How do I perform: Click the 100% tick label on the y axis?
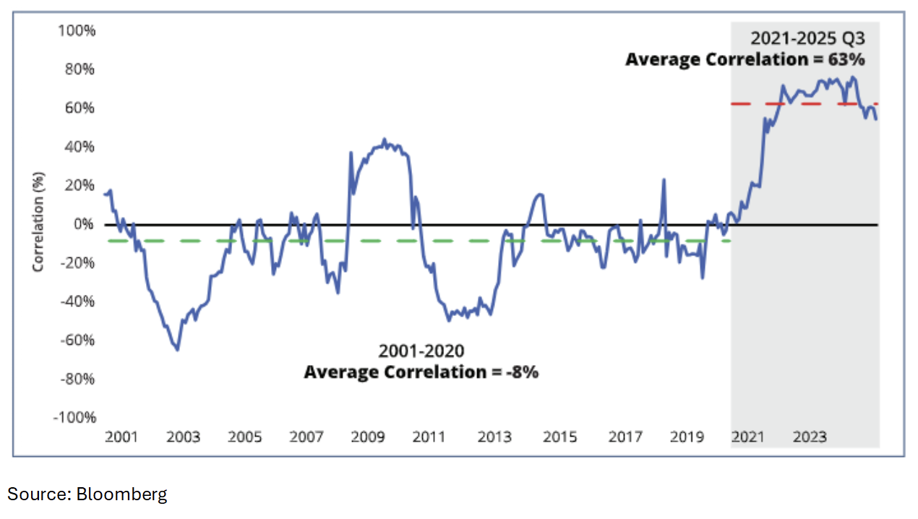77,31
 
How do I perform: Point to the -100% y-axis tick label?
75,417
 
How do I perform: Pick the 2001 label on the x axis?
121,437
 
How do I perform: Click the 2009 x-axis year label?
368,437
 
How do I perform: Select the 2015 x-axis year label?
559,437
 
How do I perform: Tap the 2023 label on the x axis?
810,437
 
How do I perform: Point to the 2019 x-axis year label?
687,437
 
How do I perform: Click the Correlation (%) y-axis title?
38,221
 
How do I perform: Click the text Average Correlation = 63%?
745,59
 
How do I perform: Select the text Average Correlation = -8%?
421,372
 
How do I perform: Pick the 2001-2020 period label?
421,352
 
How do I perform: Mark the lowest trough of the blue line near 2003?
177,350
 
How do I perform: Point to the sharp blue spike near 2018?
663,180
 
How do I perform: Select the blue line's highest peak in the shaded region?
854,77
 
